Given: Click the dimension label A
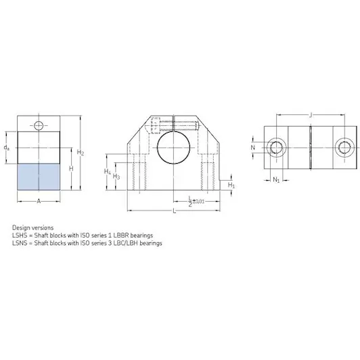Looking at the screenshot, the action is (x=39, y=202).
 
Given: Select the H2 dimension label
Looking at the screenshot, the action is (x=81, y=152).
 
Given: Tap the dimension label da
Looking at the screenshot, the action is (x=7, y=148).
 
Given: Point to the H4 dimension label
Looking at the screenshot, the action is (x=108, y=171).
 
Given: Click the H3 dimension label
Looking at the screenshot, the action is (x=116, y=177).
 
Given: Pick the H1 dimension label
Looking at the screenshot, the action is (x=231, y=185).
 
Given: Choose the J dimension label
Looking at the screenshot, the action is (x=311, y=114).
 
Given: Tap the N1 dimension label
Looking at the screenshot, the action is (x=276, y=180).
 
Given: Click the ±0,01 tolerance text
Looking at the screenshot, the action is (x=198, y=202).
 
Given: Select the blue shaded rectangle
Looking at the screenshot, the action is (x=39, y=177).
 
